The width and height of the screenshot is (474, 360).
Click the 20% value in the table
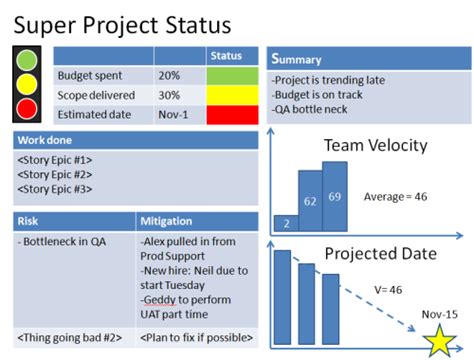tap(170, 76)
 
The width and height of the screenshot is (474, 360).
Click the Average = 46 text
tap(395, 196)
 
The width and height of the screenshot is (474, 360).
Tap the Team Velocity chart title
tap(375, 146)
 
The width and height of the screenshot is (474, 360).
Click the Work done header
tap(44, 140)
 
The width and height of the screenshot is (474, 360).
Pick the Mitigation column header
tap(167, 220)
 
